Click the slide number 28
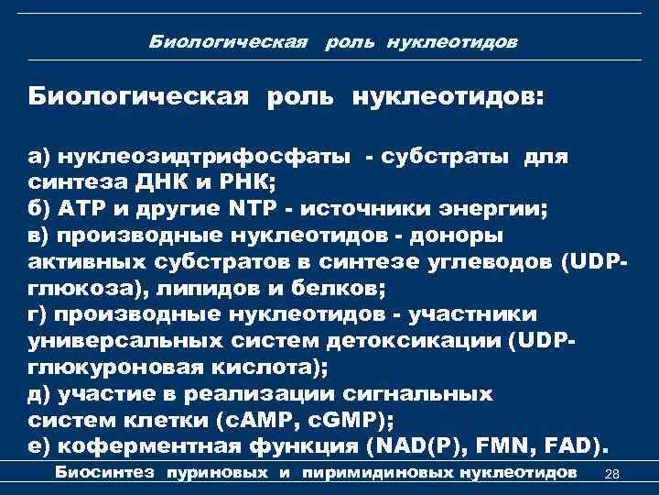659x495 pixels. point(613,473)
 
